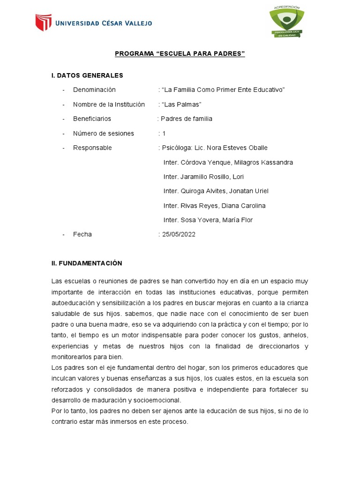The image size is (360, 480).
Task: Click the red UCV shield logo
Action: pyautogui.click(x=44, y=22)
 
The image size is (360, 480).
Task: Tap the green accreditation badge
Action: pyautogui.click(x=286, y=22)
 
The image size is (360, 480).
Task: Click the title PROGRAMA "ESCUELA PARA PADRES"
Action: pyautogui.click(x=180, y=54)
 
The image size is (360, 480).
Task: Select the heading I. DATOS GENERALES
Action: pyautogui.click(x=87, y=75)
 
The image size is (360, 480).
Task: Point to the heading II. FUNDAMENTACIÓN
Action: pyautogui.click(x=87, y=263)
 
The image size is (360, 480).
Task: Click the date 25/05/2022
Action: pyautogui.click(x=179, y=234)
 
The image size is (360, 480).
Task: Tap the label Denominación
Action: pyautogui.click(x=94, y=90)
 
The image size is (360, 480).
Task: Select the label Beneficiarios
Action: pyautogui.click(x=92, y=119)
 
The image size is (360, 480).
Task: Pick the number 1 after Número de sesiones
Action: pyautogui.click(x=164, y=133)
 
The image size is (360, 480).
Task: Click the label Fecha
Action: pyautogui.click(x=82, y=234)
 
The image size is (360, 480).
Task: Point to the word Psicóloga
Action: pyautogui.click(x=177, y=148)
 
